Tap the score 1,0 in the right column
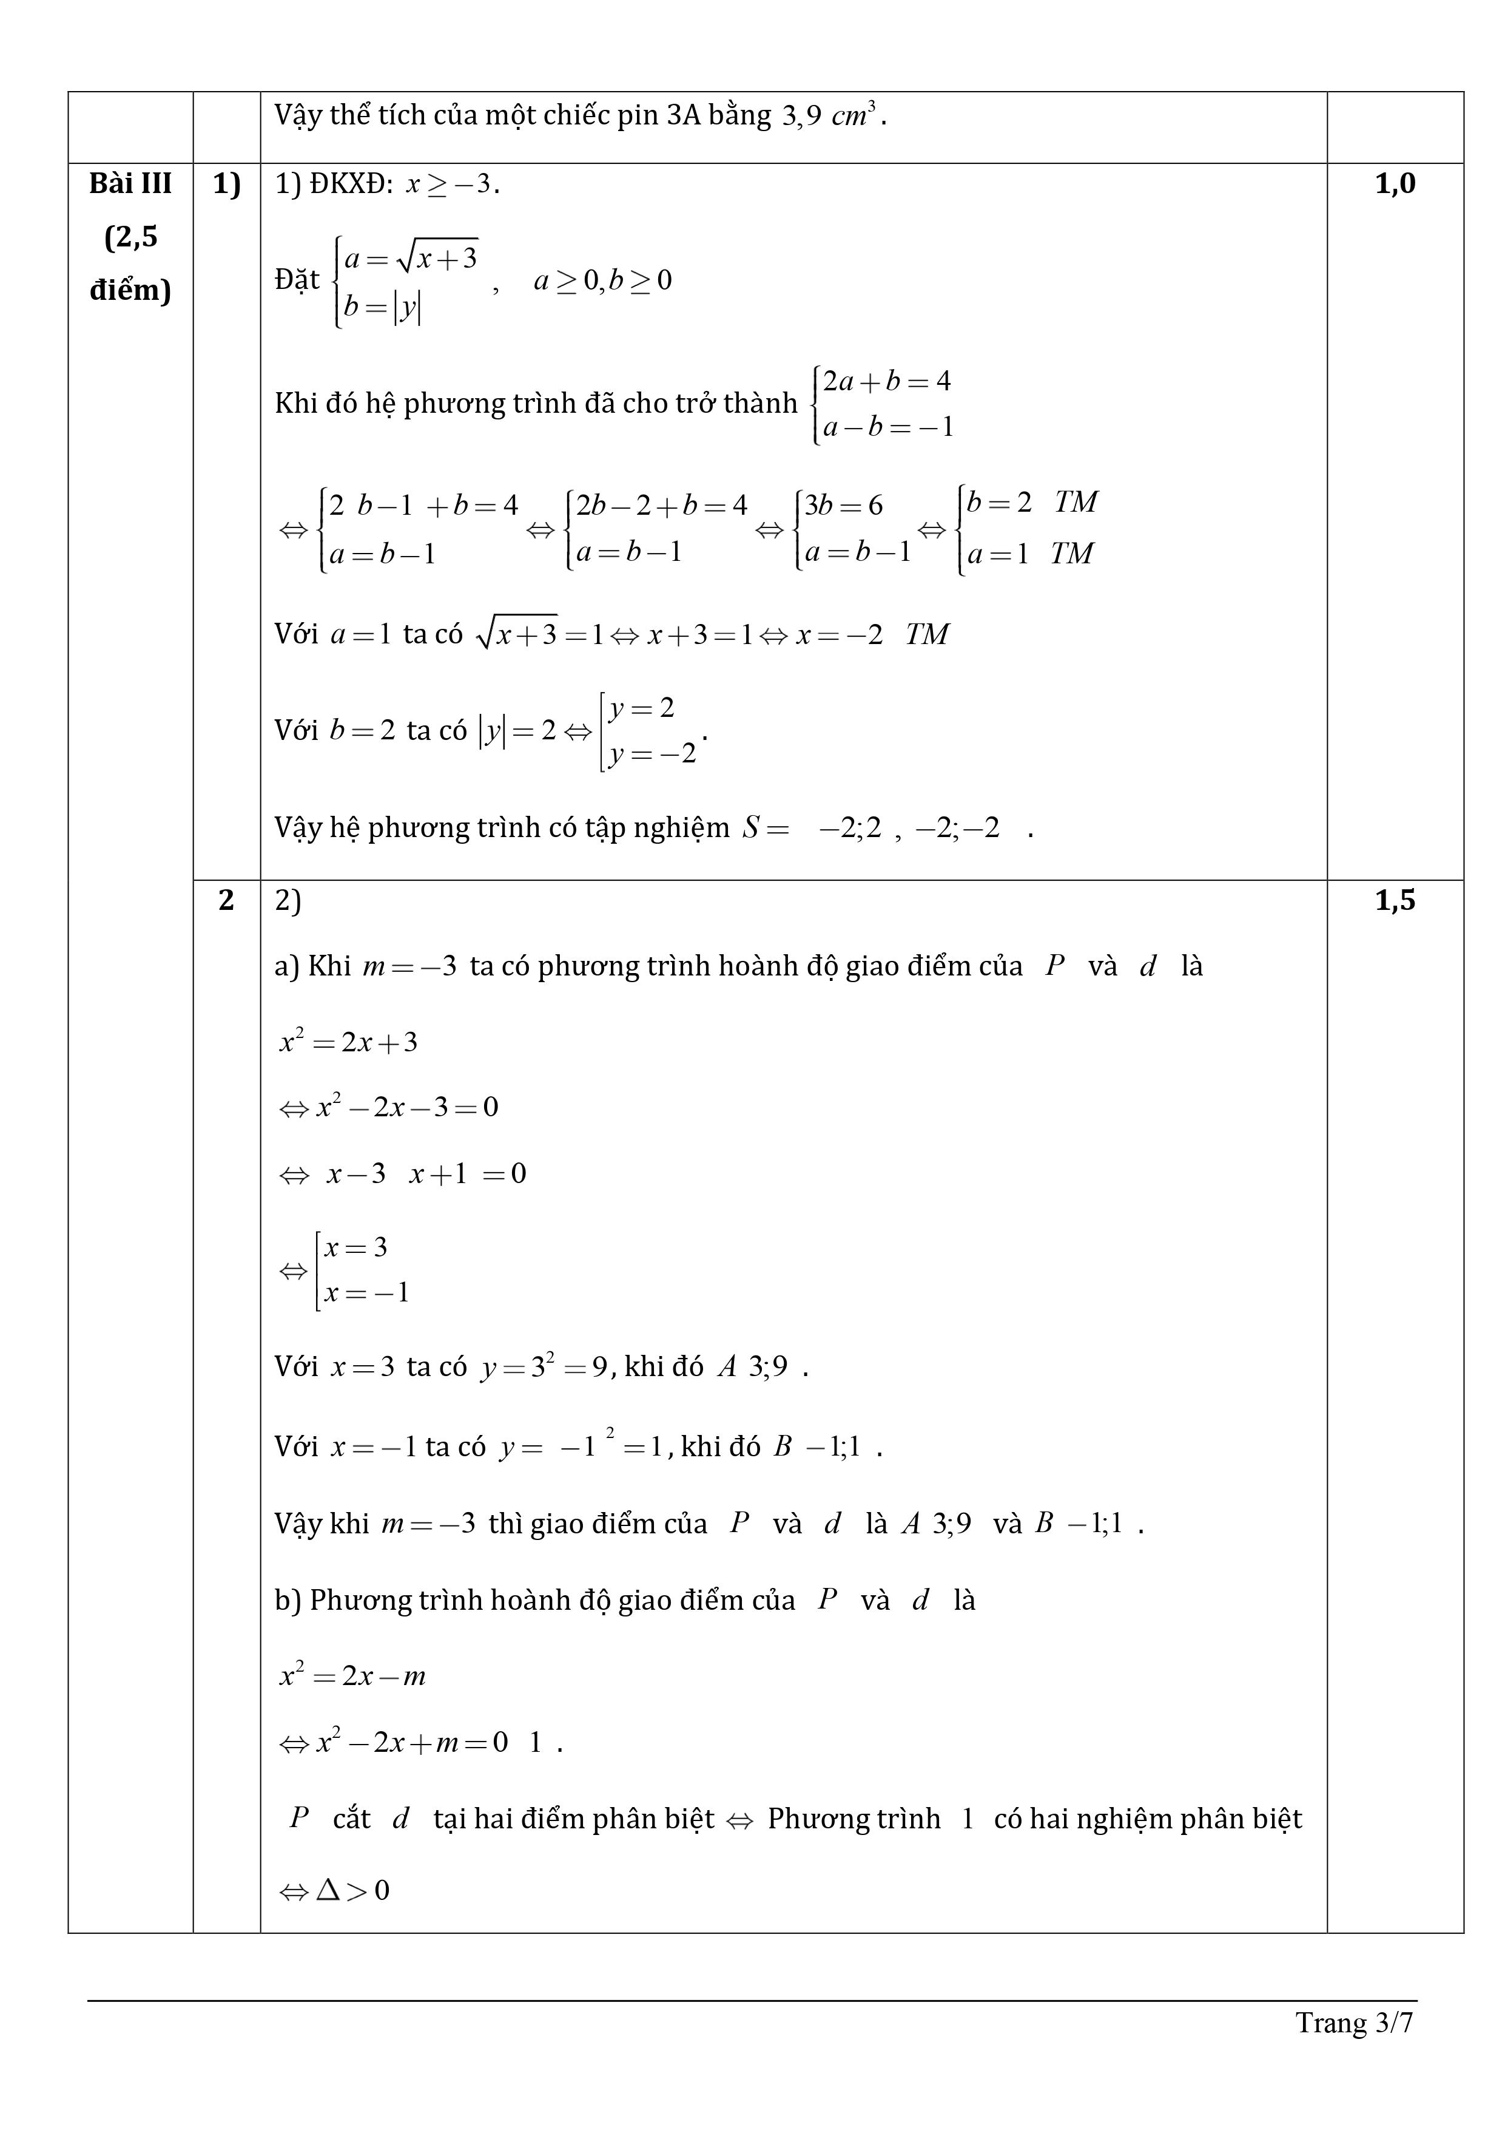[1395, 184]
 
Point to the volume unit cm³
[853, 116]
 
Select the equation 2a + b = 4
[886, 381]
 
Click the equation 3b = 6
[844, 506]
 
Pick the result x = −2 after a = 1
[838, 634]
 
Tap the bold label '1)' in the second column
[226, 184]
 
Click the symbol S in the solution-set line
[750, 827]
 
